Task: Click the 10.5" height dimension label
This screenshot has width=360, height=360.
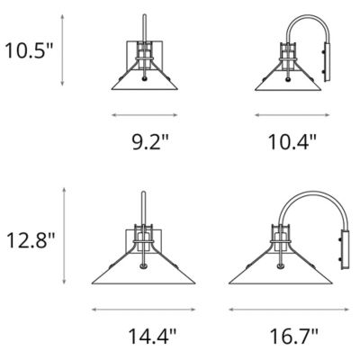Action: pyautogui.click(x=29, y=50)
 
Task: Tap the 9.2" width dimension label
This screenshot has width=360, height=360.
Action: pyautogui.click(x=149, y=141)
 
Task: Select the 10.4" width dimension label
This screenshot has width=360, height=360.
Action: pyautogui.click(x=292, y=141)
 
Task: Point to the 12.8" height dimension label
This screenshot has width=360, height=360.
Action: pyautogui.click(x=31, y=240)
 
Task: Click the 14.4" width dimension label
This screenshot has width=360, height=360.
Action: pyautogui.click(x=152, y=337)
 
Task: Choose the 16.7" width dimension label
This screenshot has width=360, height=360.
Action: pyautogui.click(x=293, y=337)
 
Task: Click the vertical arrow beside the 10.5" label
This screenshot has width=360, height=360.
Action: pyautogui.click(x=62, y=50)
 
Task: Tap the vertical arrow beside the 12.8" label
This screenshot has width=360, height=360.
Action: pyautogui.click(x=64, y=236)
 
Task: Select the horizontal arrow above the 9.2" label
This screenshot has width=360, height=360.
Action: pyautogui.click(x=145, y=114)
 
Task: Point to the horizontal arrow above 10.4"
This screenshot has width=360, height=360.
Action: pyautogui.click(x=292, y=114)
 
